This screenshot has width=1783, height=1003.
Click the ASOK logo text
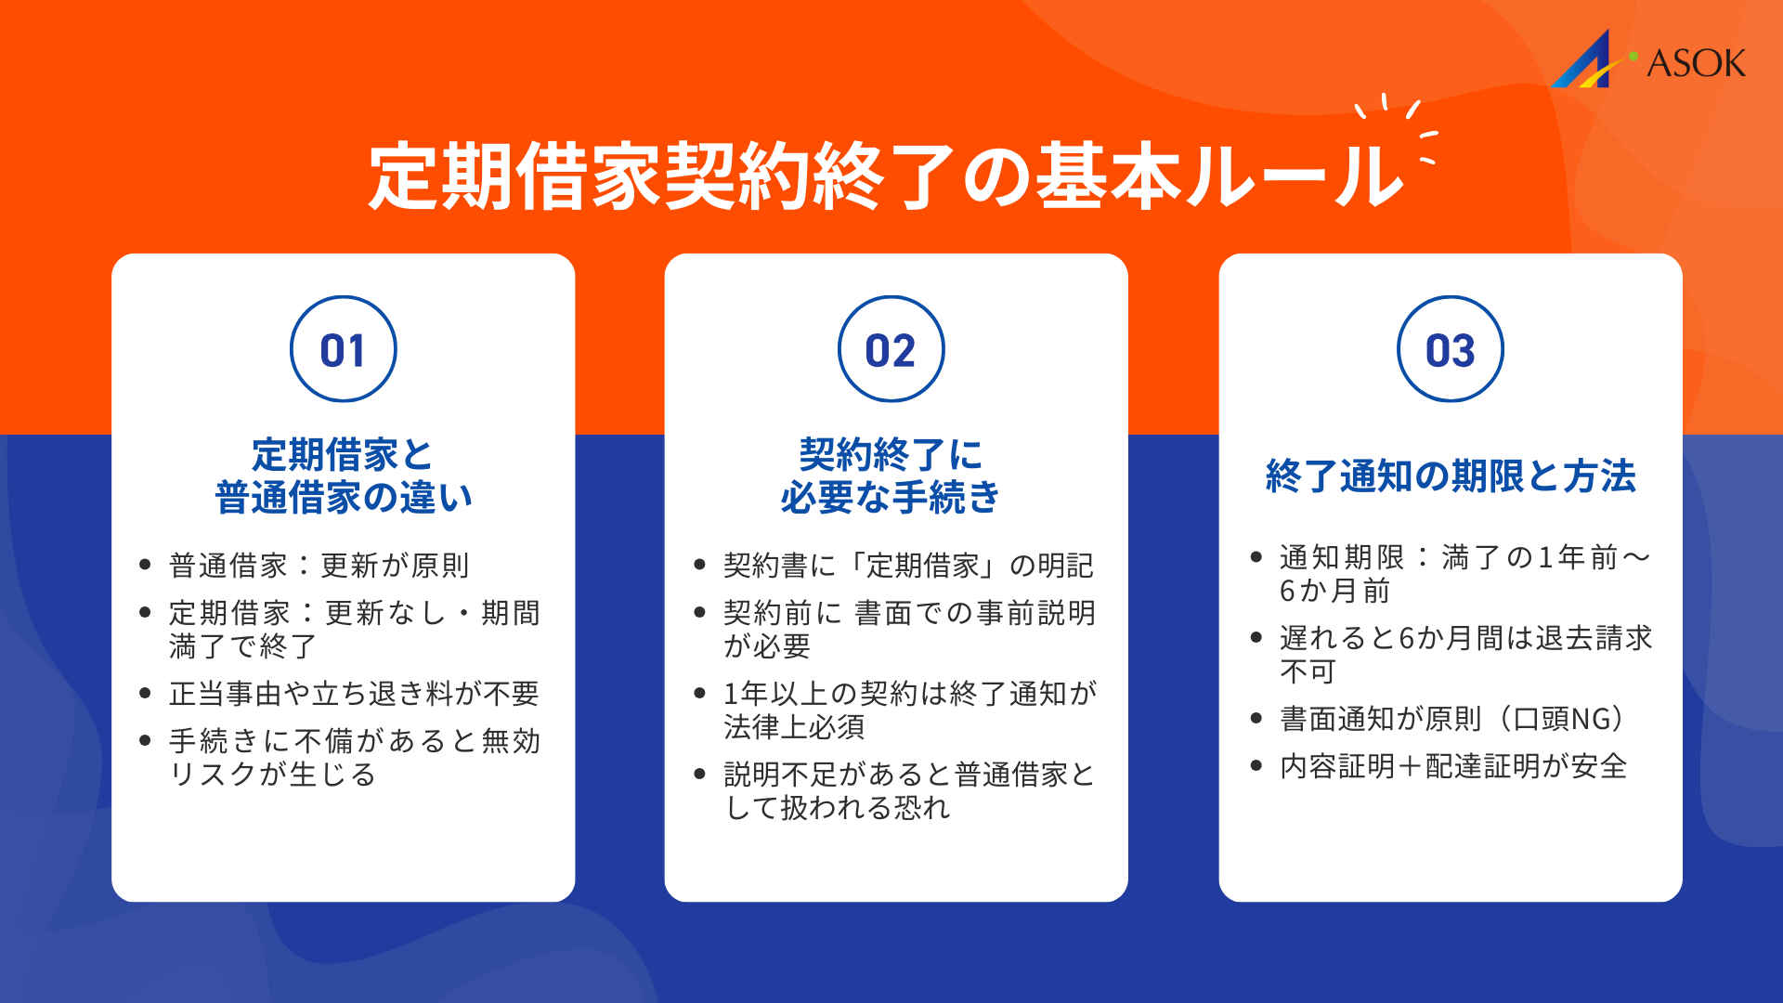point(1696,63)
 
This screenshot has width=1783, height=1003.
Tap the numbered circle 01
point(343,350)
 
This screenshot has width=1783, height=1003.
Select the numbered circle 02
point(891,350)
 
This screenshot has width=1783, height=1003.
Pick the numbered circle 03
point(1450,350)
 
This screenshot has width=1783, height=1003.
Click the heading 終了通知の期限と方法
point(1450,476)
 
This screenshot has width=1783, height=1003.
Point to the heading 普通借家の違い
point(343,498)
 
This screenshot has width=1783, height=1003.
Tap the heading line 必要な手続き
point(891,498)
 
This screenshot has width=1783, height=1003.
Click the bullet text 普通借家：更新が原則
point(319,566)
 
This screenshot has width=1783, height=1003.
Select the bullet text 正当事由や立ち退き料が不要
point(354,694)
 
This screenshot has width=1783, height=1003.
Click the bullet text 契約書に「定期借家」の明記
point(908,566)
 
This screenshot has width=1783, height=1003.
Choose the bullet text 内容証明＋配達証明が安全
point(1453,766)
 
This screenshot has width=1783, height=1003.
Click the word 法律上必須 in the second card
point(794,727)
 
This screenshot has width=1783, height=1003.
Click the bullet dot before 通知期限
point(1256,557)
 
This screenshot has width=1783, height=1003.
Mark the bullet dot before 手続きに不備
point(145,741)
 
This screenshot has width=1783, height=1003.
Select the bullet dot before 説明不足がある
point(700,775)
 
